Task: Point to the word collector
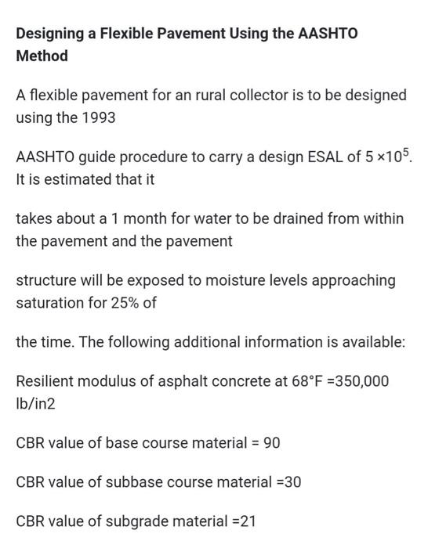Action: [264, 96]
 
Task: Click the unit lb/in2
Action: [36, 404]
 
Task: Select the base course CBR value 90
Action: [271, 443]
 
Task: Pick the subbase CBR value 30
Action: [292, 482]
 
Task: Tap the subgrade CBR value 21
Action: [247, 521]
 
